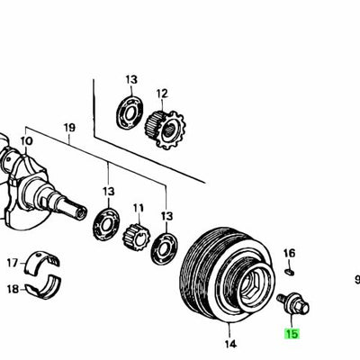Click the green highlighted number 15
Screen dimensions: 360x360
[x=291, y=334]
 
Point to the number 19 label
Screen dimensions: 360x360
[x=69, y=129]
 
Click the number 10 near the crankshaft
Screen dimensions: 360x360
[x=26, y=141]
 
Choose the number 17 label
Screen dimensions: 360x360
[x=12, y=264]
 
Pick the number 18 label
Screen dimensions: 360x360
[x=12, y=289]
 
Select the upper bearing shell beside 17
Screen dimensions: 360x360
[x=43, y=262]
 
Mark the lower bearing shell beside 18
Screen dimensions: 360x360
[x=43, y=290]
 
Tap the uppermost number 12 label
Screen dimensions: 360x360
[x=162, y=93]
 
